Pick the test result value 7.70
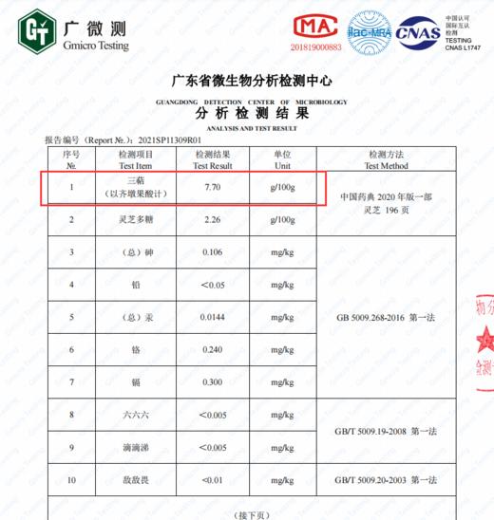coord(213,188)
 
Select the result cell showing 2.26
coord(212,220)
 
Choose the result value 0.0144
coord(213,316)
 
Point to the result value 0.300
coord(213,381)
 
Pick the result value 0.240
coord(213,349)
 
